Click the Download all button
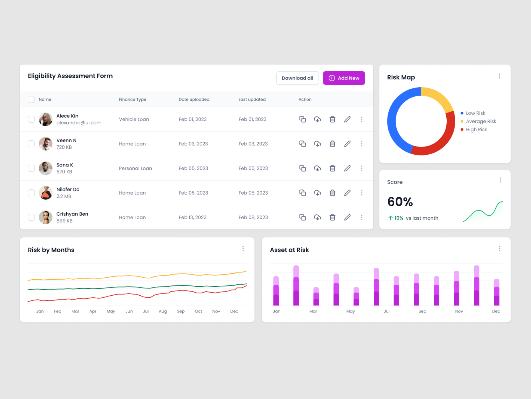point(297,78)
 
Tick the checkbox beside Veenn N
point(31,144)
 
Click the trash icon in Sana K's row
point(332,168)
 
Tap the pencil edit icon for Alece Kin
point(347,119)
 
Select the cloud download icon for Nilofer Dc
point(317,193)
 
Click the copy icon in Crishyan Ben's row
point(303,217)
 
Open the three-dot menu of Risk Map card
point(499,76)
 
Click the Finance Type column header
point(132,99)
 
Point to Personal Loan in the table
point(135,168)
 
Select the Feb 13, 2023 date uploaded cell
point(192,217)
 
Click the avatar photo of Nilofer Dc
point(46,193)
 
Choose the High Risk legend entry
point(476,129)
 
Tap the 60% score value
point(400,202)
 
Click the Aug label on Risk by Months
point(163,311)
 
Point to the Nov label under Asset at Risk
point(459,311)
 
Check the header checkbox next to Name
point(31,99)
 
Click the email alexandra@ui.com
point(79,123)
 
